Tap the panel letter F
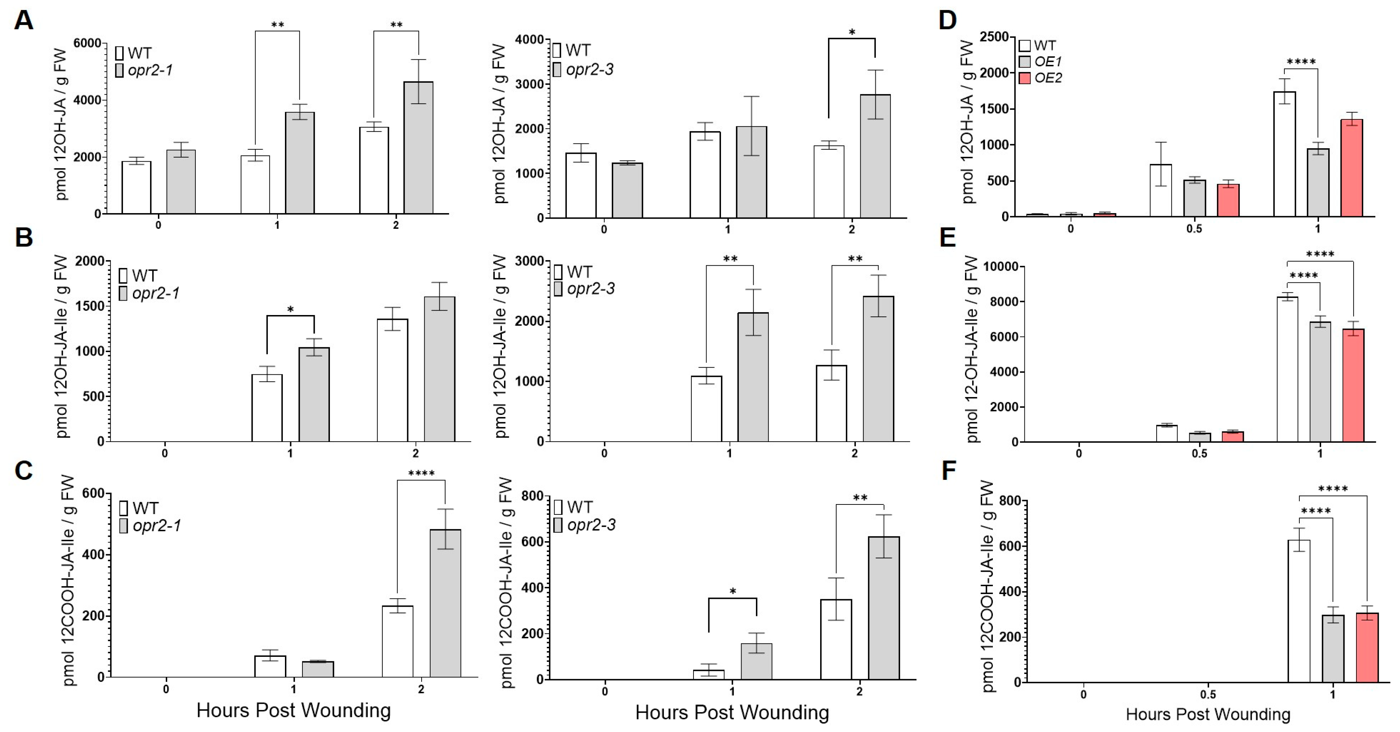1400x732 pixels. pyautogui.click(x=948, y=470)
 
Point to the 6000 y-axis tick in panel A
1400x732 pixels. pyautogui.click(x=87, y=44)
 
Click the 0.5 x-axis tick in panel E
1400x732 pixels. pyautogui.click(x=1200, y=453)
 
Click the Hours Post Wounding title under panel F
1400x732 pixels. pyautogui.click(x=1208, y=714)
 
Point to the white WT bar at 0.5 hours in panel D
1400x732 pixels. pyautogui.click(x=1160, y=190)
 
